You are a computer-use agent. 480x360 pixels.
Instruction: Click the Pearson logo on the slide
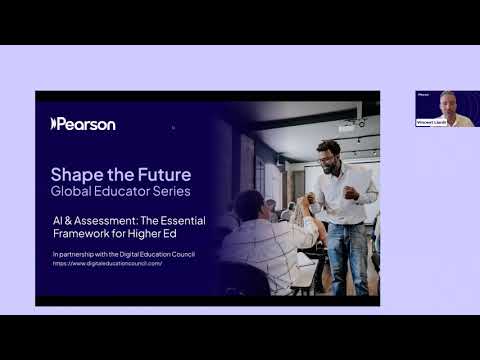click(83, 124)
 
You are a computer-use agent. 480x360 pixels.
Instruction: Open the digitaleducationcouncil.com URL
click(107, 263)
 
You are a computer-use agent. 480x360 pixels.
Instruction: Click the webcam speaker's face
click(447, 100)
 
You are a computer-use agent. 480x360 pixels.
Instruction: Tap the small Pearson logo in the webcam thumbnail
click(423, 94)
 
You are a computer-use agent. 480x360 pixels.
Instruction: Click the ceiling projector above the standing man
click(349, 126)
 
